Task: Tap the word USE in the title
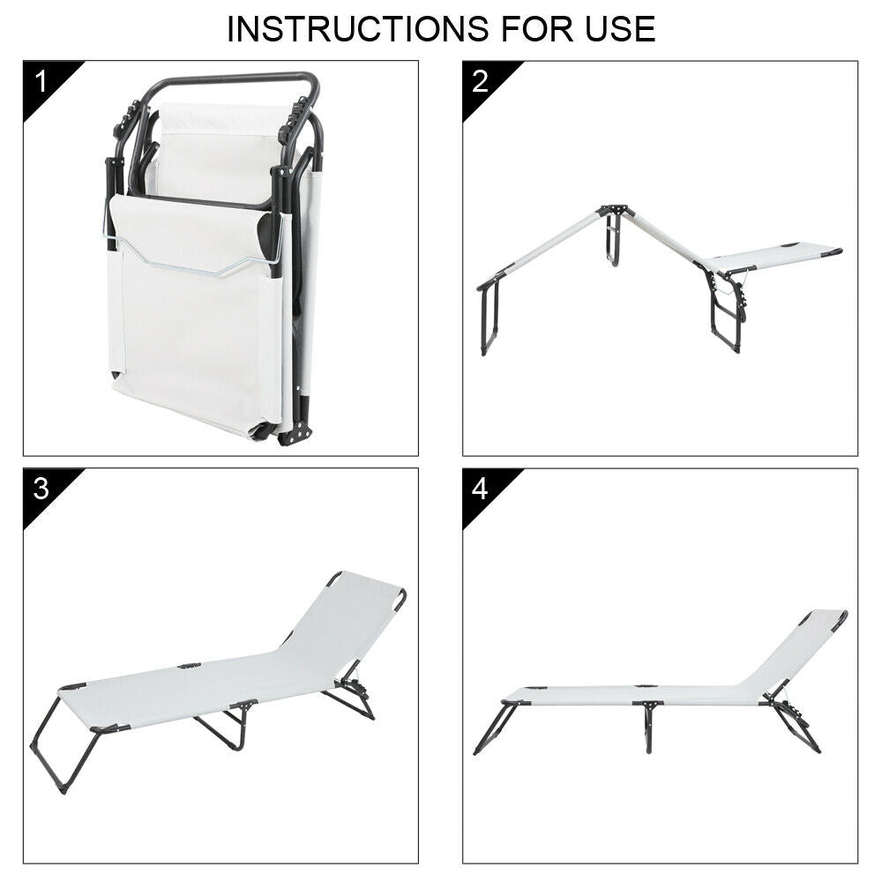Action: pyautogui.click(x=620, y=29)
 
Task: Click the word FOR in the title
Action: pyautogui.click(x=538, y=29)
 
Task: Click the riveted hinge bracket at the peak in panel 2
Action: pyautogui.click(x=616, y=212)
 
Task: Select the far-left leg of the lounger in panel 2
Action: pyautogui.click(x=489, y=316)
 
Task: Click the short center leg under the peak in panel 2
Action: pyautogui.click(x=613, y=242)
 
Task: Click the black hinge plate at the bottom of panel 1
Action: pyautogui.click(x=295, y=433)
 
